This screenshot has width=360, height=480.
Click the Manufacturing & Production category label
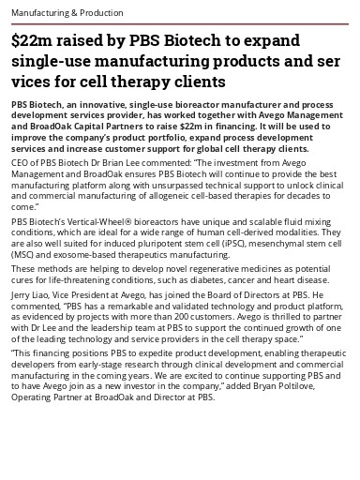pyautogui.click(x=67, y=13)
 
